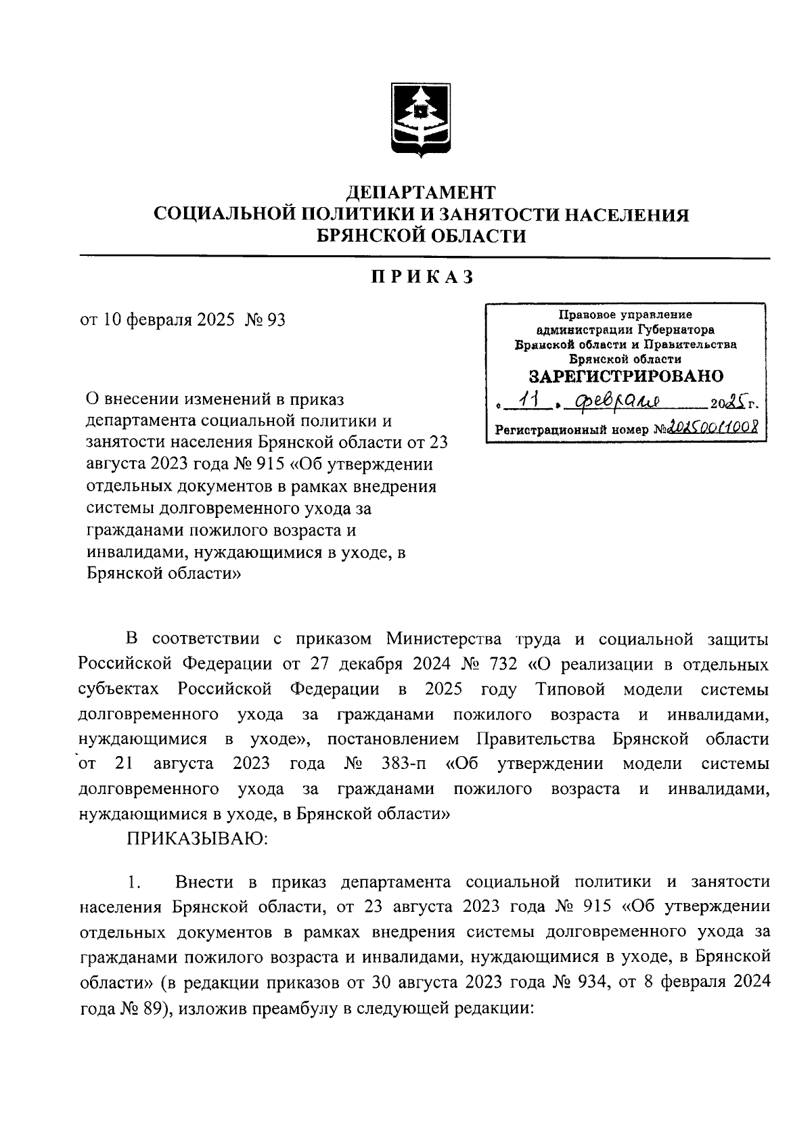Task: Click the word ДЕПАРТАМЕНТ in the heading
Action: coord(422,193)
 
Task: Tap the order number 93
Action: coord(277,320)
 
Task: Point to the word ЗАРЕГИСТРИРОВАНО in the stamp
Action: coord(625,376)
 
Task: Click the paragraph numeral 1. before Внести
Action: coord(134,882)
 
